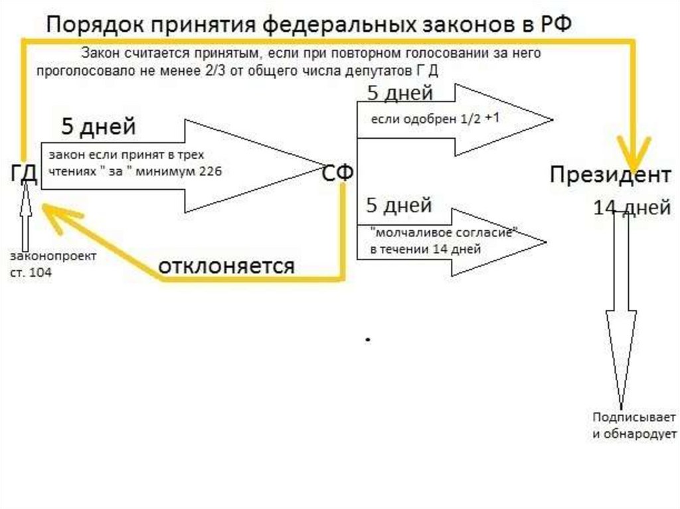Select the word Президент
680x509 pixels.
point(610,175)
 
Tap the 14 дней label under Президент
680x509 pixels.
point(631,208)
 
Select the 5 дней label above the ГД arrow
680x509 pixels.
point(98,125)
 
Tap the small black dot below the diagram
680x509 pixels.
point(367,340)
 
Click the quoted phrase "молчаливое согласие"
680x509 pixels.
point(445,234)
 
